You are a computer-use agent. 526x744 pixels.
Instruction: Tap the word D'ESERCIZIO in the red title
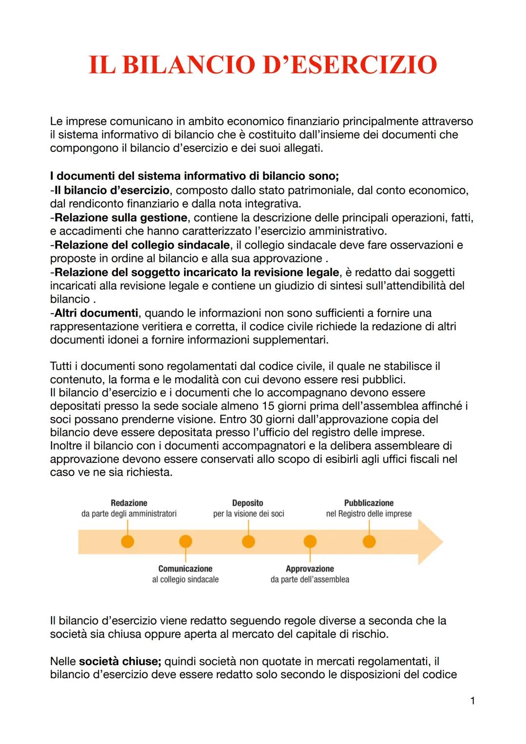[x=349, y=64]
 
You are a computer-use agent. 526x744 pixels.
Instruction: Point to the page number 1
[x=472, y=701]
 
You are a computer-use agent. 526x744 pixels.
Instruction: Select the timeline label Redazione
[x=129, y=503]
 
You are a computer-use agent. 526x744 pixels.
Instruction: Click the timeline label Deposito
[x=247, y=503]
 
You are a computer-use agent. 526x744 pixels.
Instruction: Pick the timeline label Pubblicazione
[x=369, y=503]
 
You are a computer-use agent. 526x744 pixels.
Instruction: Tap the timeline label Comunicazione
[x=185, y=569]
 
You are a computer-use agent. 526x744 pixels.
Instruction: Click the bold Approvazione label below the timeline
[x=310, y=569]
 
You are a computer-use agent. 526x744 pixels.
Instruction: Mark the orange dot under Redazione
[x=128, y=541]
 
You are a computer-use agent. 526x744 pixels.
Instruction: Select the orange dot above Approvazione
[x=310, y=541]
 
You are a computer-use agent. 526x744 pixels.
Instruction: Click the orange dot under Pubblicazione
[x=369, y=541]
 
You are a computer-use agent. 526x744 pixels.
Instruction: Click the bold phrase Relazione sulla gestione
[x=120, y=217]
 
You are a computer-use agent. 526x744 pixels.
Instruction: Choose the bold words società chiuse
[x=120, y=661]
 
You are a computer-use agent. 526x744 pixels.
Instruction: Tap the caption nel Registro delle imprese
[x=369, y=514]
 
